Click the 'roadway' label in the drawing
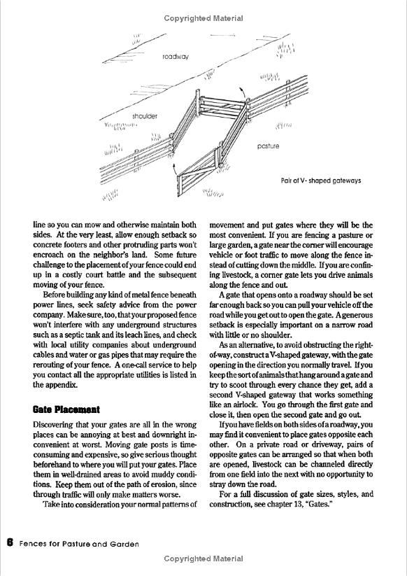coord(176,57)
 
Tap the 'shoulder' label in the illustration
coord(145,116)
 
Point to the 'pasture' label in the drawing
coord(268,146)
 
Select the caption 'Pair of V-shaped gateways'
coord(321,181)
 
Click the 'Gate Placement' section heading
coord(66,409)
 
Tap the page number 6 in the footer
coord(10,542)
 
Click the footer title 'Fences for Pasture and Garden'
coord(79,544)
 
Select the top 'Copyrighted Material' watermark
coord(203,18)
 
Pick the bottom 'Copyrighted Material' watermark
coord(203,559)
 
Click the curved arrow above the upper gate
coord(242,92)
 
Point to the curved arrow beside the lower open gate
coord(175,169)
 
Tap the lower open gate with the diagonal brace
coord(198,171)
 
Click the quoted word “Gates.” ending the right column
coord(319,505)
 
